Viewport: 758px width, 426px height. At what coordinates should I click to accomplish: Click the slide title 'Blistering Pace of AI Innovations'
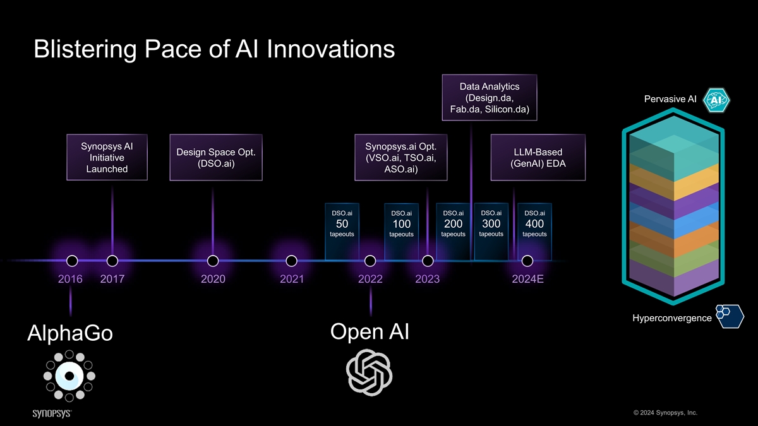click(x=214, y=49)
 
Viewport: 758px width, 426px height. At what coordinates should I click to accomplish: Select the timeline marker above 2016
click(x=72, y=261)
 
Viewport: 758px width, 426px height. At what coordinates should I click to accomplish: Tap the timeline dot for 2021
click(x=291, y=261)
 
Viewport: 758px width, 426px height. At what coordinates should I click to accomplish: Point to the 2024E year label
click(x=527, y=279)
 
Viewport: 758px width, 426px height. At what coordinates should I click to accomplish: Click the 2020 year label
click(x=213, y=279)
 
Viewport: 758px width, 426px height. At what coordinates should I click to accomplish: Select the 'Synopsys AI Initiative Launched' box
click(x=107, y=157)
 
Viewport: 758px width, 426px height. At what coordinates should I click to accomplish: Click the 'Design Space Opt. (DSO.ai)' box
click(x=216, y=157)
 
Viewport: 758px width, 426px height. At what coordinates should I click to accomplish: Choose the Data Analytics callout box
click(x=490, y=97)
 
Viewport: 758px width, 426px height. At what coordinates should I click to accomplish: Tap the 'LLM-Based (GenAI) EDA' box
click(x=538, y=157)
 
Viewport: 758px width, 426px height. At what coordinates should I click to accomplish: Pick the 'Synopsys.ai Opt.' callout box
click(x=401, y=157)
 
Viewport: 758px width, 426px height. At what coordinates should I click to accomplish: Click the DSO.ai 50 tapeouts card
click(x=342, y=230)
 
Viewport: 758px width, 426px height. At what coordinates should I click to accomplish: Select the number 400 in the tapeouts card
click(x=534, y=224)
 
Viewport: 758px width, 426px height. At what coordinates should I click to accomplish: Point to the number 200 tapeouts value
click(x=453, y=224)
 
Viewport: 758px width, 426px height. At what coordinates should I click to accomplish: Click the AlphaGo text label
click(x=69, y=333)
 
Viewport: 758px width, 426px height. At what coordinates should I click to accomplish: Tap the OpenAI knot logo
click(x=370, y=372)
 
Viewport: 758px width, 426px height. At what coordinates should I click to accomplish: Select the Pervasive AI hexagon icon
click(x=716, y=100)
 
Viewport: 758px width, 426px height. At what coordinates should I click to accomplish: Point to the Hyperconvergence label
click(x=671, y=318)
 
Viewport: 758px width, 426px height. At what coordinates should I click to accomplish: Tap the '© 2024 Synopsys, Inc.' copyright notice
click(x=665, y=413)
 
